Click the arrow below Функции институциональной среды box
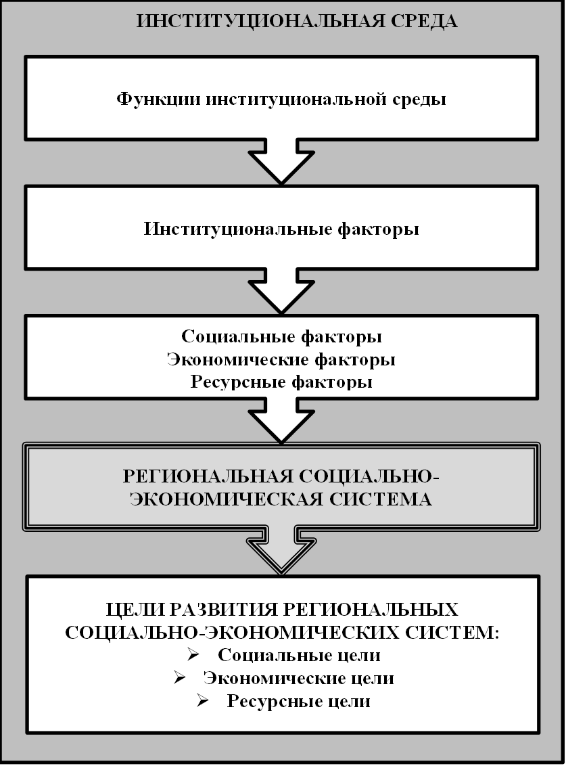point(282,162)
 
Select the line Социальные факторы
point(282,337)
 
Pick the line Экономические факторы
point(282,359)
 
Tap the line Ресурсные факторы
point(282,382)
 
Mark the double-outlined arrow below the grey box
point(282,549)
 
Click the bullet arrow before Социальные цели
point(194,655)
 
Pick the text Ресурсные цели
point(298,700)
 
